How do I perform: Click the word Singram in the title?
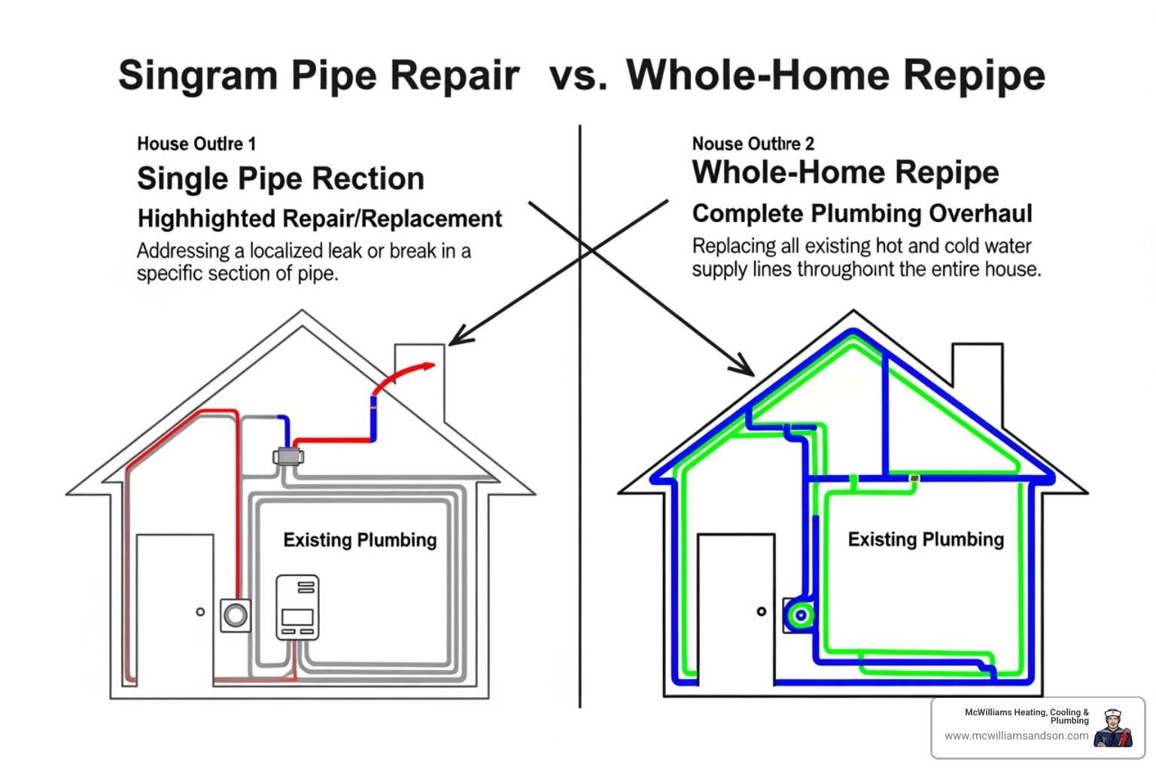click(x=197, y=75)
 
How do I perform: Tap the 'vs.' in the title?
click(x=577, y=77)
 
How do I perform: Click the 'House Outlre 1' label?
click(x=196, y=144)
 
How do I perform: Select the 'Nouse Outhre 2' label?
click(x=753, y=144)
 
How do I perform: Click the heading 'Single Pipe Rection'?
click(x=280, y=179)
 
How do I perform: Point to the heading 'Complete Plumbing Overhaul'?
click(x=862, y=214)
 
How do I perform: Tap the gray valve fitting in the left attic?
click(x=287, y=456)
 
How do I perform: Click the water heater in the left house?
click(x=297, y=608)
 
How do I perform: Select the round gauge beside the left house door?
click(x=236, y=615)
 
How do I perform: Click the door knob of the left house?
click(x=200, y=612)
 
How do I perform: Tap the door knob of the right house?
click(x=762, y=611)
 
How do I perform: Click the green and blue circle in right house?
click(x=801, y=615)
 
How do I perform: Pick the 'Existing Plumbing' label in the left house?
click(x=360, y=540)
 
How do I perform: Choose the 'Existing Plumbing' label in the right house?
click(x=926, y=539)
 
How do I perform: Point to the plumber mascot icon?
click(x=1113, y=728)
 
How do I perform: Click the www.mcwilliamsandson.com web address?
click(x=1016, y=736)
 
